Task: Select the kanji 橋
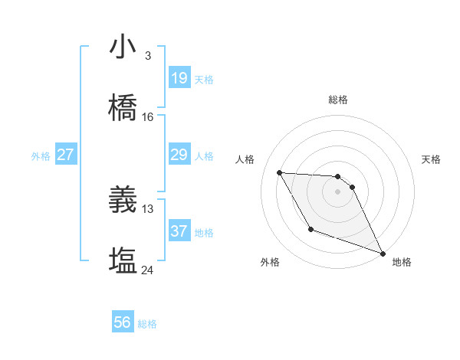[123, 107]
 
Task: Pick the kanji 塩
[123, 260]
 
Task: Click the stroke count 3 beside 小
[148, 55]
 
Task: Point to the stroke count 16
[148, 117]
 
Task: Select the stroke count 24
[148, 270]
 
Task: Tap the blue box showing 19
[179, 78]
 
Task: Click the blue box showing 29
[179, 155]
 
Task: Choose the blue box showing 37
[179, 231]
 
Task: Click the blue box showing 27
[66, 155]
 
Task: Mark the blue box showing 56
[123, 322]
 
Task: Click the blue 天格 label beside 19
[204, 80]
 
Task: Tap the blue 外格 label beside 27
[41, 156]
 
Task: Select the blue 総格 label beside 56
[147, 324]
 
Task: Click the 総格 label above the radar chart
[338, 100]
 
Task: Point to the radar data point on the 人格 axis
[279, 172]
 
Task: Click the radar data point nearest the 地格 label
[383, 253]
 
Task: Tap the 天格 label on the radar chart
[432, 159]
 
